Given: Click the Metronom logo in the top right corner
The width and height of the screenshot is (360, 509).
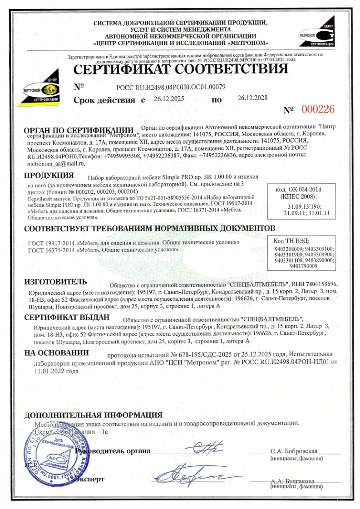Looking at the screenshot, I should click(x=316, y=33).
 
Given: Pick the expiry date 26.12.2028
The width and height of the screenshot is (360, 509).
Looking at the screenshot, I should click(x=252, y=98).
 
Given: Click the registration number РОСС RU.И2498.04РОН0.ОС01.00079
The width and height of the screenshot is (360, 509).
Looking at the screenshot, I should click(x=171, y=86).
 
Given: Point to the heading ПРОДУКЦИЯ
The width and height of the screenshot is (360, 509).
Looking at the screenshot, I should click(x=49, y=176).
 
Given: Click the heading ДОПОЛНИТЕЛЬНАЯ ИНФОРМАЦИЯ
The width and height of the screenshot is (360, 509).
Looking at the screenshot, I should click(x=93, y=415).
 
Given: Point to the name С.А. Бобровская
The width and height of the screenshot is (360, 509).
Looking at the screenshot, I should click(x=294, y=451).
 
